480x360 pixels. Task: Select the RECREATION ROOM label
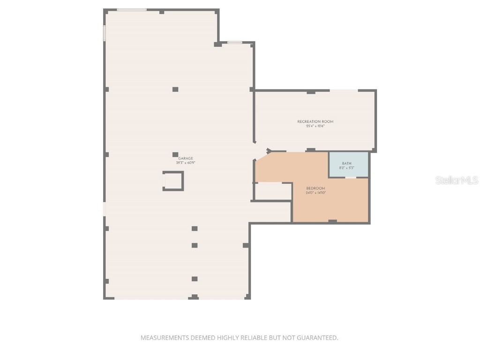pyautogui.click(x=315, y=122)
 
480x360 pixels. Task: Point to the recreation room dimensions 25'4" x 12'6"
pyautogui.click(x=315, y=126)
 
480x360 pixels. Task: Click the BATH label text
pyautogui.click(x=346, y=163)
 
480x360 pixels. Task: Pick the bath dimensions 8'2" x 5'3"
pyautogui.click(x=346, y=167)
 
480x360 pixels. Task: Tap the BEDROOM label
pyautogui.click(x=315, y=188)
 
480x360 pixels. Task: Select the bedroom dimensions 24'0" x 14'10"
pyautogui.click(x=315, y=193)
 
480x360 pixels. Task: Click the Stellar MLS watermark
pyautogui.click(x=456, y=180)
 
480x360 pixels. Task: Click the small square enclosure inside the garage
pyautogui.click(x=173, y=181)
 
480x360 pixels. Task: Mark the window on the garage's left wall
pyautogui.click(x=105, y=33)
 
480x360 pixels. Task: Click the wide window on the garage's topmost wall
pyautogui.click(x=131, y=9)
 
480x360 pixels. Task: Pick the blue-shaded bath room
pyautogui.click(x=348, y=165)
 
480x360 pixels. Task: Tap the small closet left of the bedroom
pyautogui.click(x=273, y=191)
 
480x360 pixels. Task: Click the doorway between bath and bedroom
pyautogui.click(x=351, y=177)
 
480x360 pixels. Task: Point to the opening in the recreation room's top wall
pyautogui.click(x=344, y=90)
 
